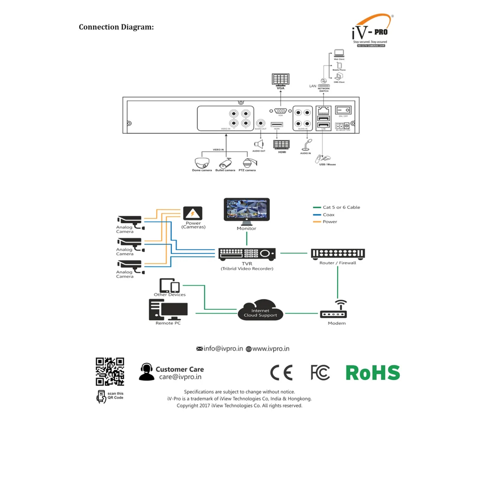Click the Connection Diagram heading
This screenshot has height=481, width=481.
(x=116, y=27)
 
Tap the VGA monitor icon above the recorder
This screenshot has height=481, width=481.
(x=280, y=79)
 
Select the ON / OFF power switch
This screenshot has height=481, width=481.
(x=343, y=110)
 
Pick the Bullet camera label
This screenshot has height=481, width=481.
(x=225, y=170)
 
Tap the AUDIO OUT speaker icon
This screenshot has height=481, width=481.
(x=259, y=144)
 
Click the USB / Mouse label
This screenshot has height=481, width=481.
(x=328, y=165)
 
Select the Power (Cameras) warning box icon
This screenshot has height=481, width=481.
(x=193, y=214)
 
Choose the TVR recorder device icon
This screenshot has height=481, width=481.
(x=247, y=253)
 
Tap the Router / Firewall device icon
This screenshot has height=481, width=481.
(x=338, y=253)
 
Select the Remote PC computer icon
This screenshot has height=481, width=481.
(x=168, y=309)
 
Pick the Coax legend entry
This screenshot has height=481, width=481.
(x=329, y=215)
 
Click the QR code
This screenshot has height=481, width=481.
(x=110, y=371)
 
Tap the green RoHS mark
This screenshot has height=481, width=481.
(x=373, y=373)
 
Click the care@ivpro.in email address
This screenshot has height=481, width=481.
(x=180, y=377)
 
